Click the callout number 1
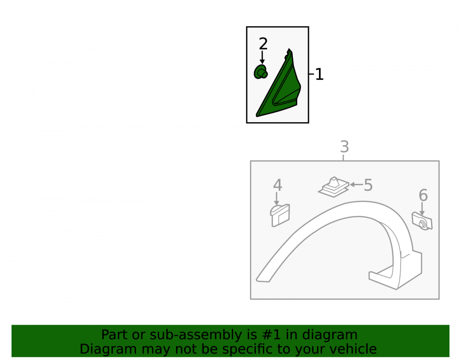point(319,74)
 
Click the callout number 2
point(263,44)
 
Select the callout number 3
point(344,147)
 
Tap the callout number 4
point(278,185)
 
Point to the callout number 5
point(368,185)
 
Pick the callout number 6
point(423,195)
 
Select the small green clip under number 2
point(260,72)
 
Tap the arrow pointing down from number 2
point(262,57)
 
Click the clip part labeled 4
point(280,216)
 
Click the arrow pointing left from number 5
point(356,184)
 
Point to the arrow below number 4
point(276,199)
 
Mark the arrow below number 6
point(422,209)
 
